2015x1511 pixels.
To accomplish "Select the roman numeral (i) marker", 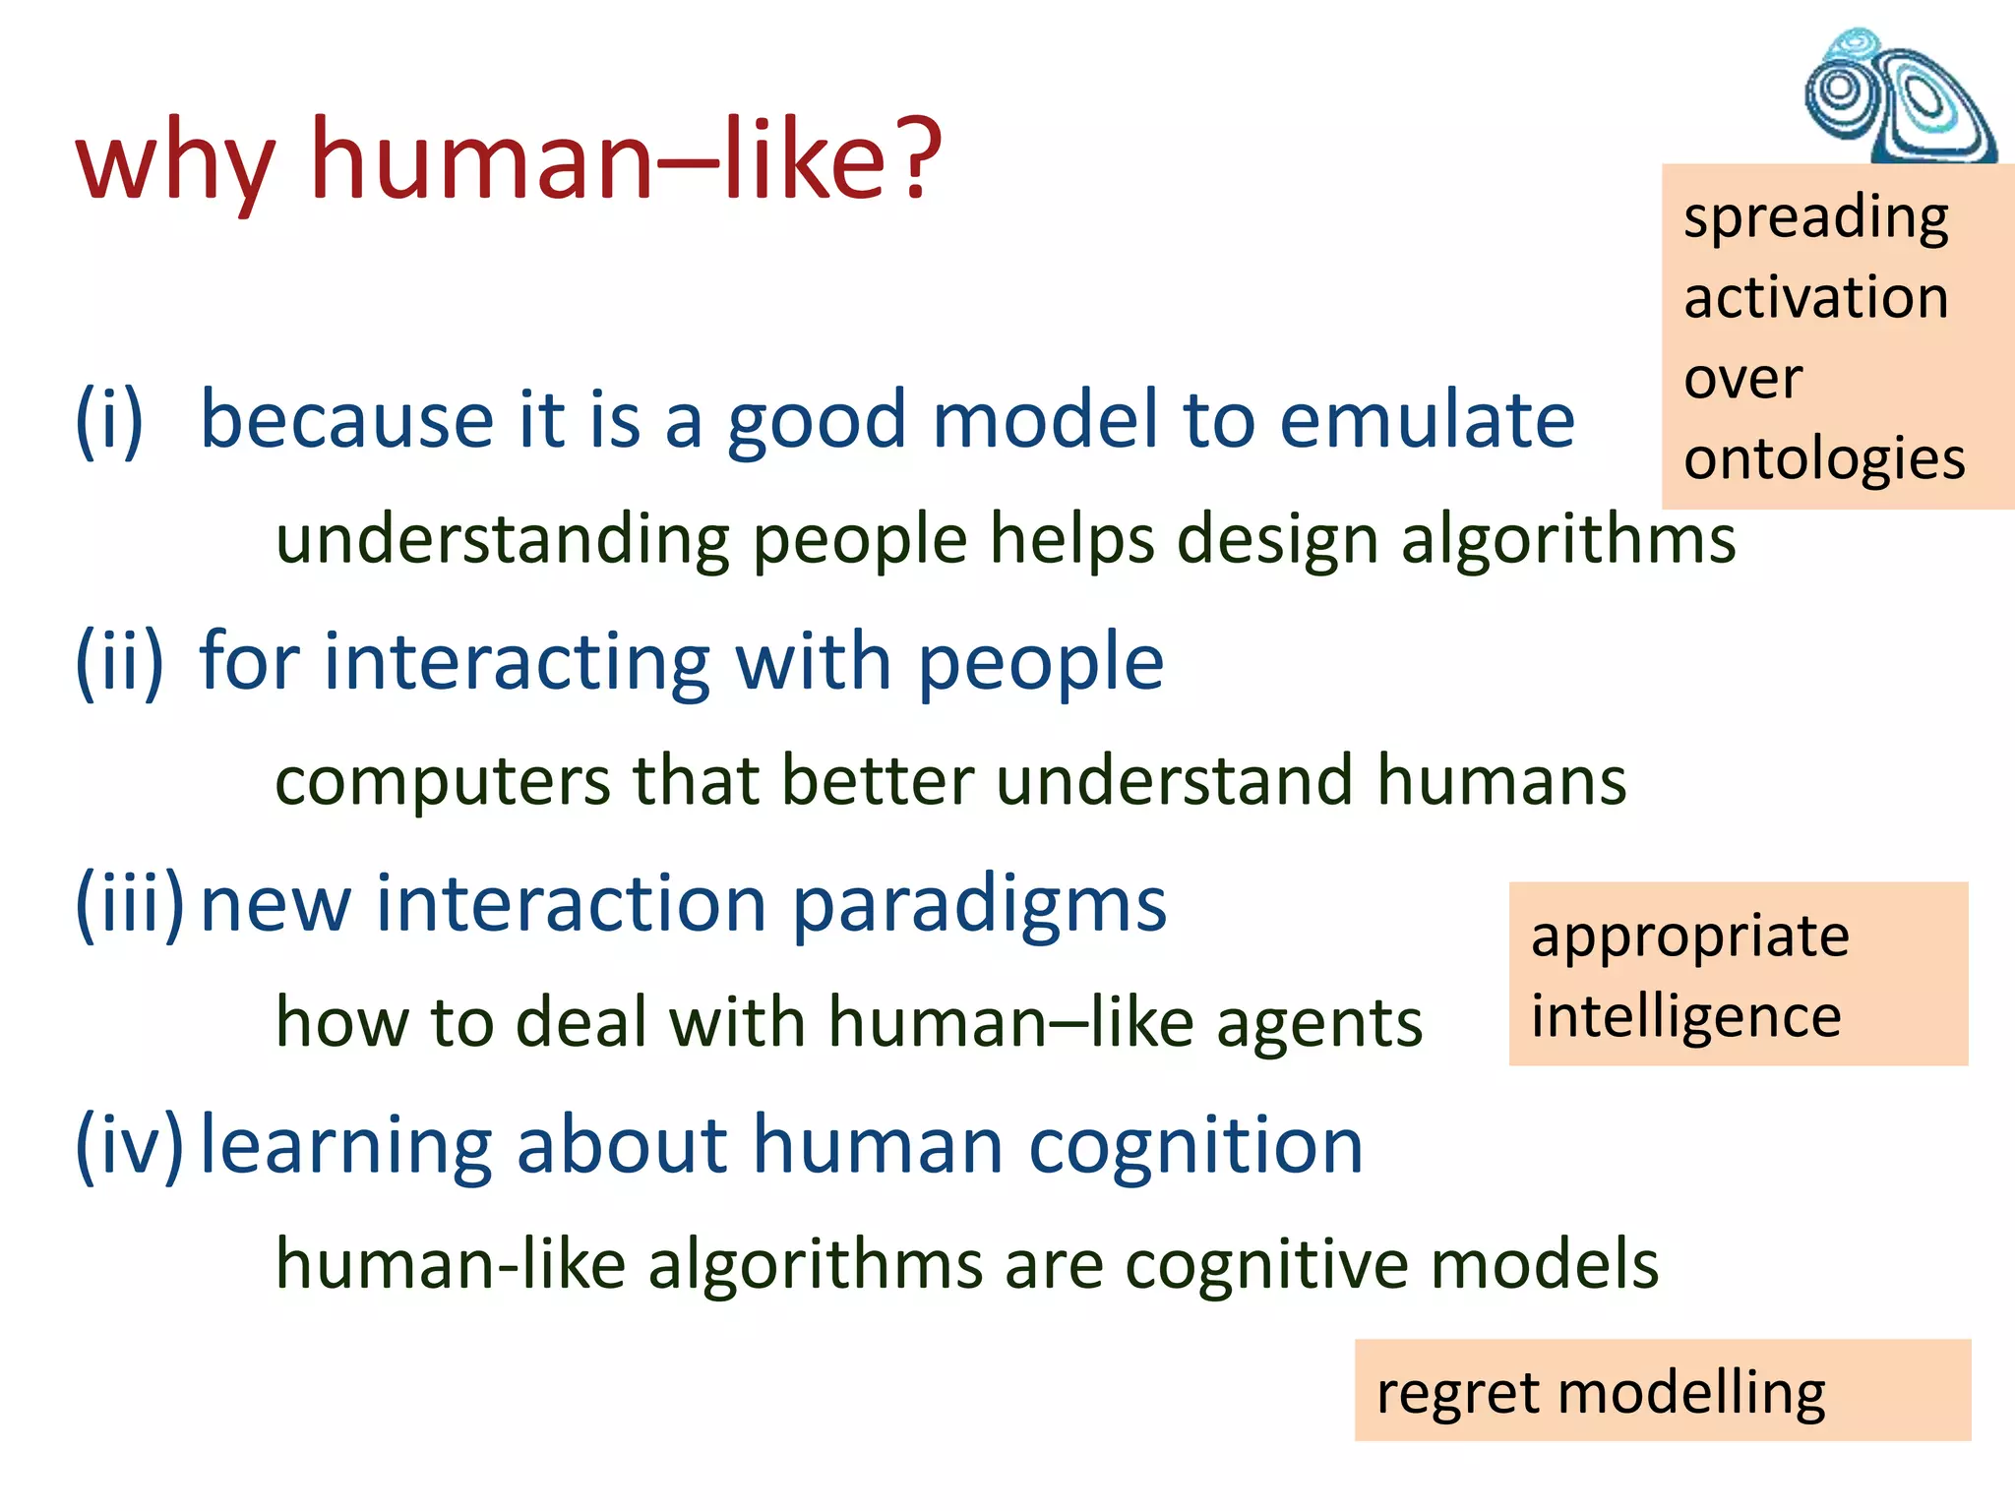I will pos(109,421).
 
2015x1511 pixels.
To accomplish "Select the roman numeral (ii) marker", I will pos(119,662).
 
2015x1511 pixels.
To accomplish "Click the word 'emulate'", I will pos(1427,419).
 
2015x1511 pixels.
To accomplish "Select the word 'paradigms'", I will pos(979,905).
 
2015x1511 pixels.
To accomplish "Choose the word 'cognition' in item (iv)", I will pos(1195,1145).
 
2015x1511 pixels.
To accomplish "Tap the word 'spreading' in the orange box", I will pos(1815,218).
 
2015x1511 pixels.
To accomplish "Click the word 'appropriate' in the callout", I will pos(1689,937).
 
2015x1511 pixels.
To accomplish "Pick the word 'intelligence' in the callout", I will pos(1685,1017).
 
